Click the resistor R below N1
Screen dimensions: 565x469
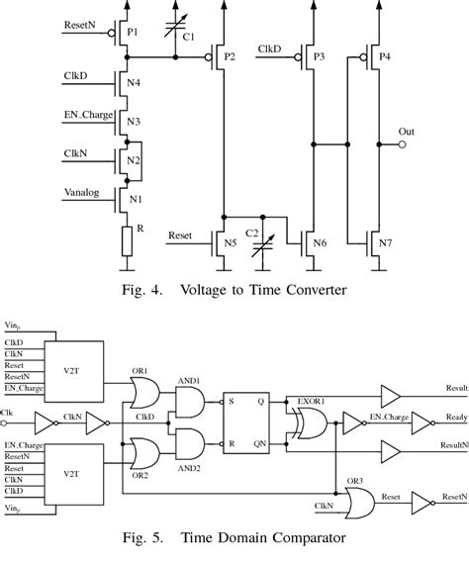[128, 238]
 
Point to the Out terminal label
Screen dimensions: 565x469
[406, 131]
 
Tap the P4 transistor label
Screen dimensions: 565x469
[383, 57]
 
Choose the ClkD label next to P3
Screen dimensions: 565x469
[268, 48]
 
